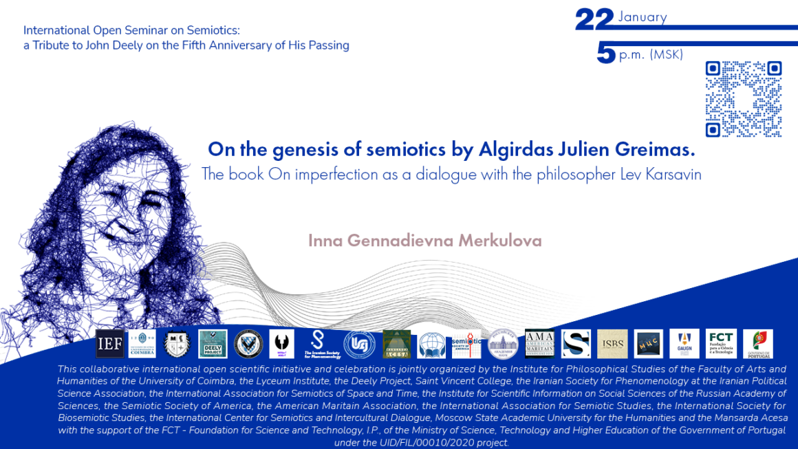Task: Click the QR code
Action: (744, 99)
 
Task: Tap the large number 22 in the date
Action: (594, 20)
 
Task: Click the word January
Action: (642, 17)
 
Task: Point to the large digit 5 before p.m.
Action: (605, 54)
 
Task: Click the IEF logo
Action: (110, 344)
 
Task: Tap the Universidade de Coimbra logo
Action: (142, 344)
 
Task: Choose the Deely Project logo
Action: (213, 344)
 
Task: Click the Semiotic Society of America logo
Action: (466, 344)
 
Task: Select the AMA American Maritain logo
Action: (539, 344)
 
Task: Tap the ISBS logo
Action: (612, 344)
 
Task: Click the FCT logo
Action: (721, 344)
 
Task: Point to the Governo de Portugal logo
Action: (757, 344)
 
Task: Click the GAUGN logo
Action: (684, 344)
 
